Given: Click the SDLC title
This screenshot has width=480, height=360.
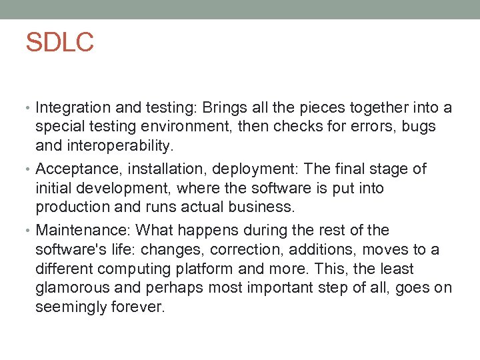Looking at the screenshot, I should [x=59, y=42].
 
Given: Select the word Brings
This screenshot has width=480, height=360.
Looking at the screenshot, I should [x=225, y=108].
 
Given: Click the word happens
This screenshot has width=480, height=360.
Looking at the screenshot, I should [x=205, y=231].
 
